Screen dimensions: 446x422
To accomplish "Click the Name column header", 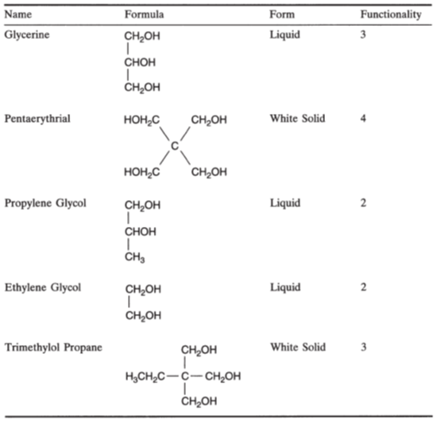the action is (x=18, y=15).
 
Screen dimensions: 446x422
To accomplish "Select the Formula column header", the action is (x=144, y=15).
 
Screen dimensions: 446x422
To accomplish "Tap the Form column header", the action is (x=282, y=15).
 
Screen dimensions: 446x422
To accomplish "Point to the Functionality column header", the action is (x=391, y=15).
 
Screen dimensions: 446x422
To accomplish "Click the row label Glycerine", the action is (x=27, y=35).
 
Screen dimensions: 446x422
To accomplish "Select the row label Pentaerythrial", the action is (x=37, y=118).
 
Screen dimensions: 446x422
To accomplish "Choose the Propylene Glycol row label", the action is (x=45, y=203).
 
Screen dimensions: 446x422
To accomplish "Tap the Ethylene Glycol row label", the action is (x=42, y=287).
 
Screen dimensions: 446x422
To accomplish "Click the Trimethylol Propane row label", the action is (x=54, y=347).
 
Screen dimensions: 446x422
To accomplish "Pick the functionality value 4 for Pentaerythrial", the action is (x=363, y=118).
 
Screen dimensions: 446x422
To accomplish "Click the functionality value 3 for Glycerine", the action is (x=363, y=35).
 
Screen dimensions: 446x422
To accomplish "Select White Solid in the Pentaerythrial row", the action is (x=297, y=118).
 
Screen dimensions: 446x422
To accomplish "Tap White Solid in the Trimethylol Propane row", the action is (x=298, y=347).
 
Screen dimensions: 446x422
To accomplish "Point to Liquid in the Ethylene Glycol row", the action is (x=285, y=287).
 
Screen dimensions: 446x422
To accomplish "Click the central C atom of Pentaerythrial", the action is (x=175, y=146).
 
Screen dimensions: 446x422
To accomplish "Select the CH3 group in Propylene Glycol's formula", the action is (x=135, y=257).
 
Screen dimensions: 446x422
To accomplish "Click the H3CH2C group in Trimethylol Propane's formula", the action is (x=145, y=376).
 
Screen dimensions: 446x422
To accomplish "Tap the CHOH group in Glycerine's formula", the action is (x=140, y=62).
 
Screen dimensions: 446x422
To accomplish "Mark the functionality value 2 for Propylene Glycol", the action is (x=363, y=203).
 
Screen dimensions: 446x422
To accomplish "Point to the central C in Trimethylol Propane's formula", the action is (x=185, y=376).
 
